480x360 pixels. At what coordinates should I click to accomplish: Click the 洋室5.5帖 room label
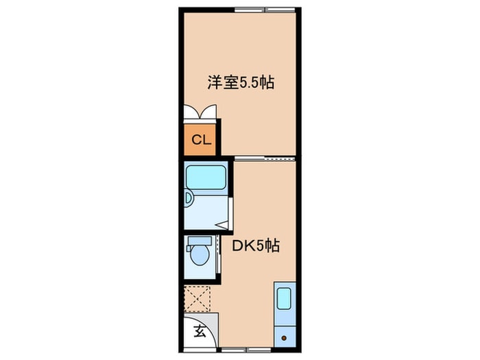click(241, 82)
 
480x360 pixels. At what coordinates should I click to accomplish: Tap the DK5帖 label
click(256, 245)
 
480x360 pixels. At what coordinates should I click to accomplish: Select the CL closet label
click(201, 140)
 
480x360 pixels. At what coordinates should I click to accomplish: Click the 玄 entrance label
click(200, 331)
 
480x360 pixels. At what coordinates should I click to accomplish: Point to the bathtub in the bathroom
click(206, 177)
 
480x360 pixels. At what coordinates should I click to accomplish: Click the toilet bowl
click(200, 256)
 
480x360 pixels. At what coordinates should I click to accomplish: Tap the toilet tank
click(200, 241)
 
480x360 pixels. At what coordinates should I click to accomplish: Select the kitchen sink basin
click(284, 298)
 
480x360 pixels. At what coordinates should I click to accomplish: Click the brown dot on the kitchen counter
click(284, 338)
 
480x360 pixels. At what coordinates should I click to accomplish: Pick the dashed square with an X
click(197, 299)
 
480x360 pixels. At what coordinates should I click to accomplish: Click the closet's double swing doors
click(200, 112)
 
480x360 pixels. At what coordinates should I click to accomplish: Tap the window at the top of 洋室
click(265, 10)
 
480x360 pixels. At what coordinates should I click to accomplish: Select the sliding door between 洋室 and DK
click(265, 158)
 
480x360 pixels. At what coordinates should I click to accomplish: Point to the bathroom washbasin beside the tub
click(188, 198)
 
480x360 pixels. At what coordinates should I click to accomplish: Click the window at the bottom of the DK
click(246, 349)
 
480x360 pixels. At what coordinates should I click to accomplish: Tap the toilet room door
click(218, 254)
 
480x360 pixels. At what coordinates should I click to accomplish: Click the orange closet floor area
click(200, 140)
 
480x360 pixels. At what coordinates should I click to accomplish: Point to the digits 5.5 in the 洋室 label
click(248, 83)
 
